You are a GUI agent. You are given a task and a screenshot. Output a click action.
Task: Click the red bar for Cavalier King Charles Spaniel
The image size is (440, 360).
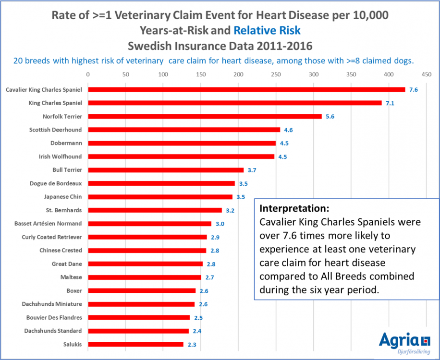pyautogui.click(x=246, y=90)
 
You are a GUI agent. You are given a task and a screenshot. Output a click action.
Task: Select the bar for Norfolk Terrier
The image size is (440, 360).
pyautogui.click(x=205, y=116)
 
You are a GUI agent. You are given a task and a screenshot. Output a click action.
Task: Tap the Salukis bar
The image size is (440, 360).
pyautogui.click(x=135, y=344)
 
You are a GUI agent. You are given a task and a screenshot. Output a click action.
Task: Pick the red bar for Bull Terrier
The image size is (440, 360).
pyautogui.click(x=166, y=170)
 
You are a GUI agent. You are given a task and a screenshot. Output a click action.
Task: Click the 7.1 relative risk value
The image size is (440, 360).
pyautogui.click(x=390, y=103)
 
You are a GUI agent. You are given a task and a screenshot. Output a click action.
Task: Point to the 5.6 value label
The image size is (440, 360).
pyautogui.click(x=330, y=117)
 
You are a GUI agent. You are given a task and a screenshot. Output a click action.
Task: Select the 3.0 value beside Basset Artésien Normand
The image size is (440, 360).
pyautogui.click(x=220, y=224)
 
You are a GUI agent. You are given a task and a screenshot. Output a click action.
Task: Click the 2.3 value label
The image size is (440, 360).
pyautogui.click(x=192, y=344)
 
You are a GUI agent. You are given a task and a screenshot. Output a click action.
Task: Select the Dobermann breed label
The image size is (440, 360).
pyautogui.click(x=66, y=143)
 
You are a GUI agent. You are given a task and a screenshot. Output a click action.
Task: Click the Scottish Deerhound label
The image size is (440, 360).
pyautogui.click(x=55, y=130)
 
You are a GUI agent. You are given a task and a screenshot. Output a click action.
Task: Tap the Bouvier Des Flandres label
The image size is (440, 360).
pyautogui.click(x=52, y=317)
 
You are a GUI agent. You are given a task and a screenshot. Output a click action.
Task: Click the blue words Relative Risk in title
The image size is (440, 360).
pyautogui.click(x=267, y=31)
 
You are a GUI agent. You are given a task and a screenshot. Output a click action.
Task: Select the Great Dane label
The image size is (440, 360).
pyautogui.click(x=67, y=264)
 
